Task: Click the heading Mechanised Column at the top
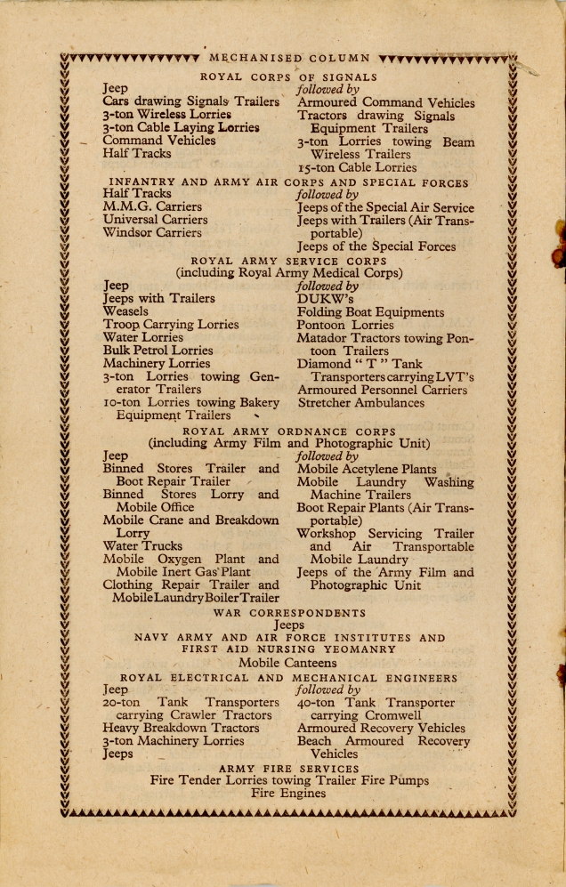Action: coord(289,59)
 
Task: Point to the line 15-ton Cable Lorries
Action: coord(357,167)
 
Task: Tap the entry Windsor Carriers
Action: coord(152,233)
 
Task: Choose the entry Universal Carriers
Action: coord(155,220)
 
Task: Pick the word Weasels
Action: coord(125,312)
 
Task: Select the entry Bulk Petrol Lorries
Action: coord(158,351)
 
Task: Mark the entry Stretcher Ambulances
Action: coord(360,403)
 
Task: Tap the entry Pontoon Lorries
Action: coord(345,326)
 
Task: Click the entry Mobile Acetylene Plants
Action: coord(367,469)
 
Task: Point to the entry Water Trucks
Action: coord(142,545)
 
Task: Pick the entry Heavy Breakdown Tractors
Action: coord(181,728)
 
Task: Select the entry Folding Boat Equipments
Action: coord(370,313)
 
